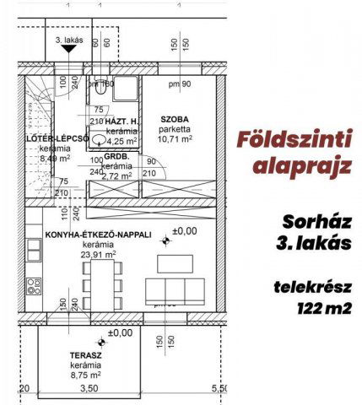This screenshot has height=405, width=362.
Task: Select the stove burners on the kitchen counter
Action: tap(34, 285)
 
